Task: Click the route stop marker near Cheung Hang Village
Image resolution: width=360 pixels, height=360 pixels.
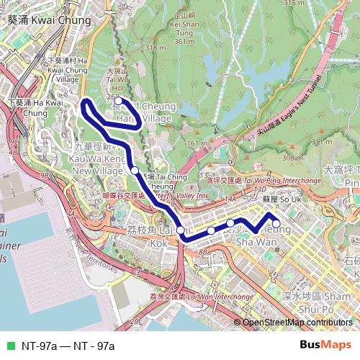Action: coord(119,102)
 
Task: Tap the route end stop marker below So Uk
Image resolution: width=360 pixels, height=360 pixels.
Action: coord(276,214)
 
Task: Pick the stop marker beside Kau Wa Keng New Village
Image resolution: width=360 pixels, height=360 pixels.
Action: coord(135,170)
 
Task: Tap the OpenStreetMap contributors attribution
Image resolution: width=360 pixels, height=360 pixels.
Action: coord(299,323)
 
